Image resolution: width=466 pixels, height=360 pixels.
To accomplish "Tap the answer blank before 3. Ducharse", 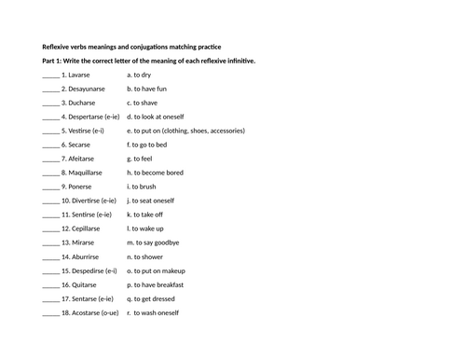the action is click(50, 103).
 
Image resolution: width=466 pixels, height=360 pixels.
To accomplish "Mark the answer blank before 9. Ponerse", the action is click(50, 187).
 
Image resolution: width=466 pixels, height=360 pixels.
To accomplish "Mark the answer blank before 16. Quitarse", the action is click(50, 284).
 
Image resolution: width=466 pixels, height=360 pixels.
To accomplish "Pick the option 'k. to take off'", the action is click(145, 215).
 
